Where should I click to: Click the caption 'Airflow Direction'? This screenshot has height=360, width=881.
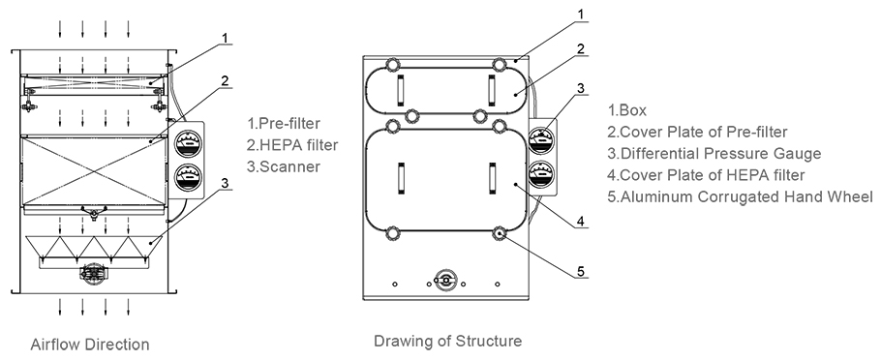click(90, 345)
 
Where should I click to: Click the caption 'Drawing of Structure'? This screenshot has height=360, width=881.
click(448, 341)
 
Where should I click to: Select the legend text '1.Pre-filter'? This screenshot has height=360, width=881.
click(284, 123)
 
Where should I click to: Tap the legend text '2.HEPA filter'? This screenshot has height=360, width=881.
click(292, 145)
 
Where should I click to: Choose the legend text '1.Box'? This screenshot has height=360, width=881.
click(627, 110)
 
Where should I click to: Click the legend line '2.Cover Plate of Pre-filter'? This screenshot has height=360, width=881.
click(697, 132)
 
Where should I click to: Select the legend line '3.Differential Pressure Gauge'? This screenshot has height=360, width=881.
click(714, 153)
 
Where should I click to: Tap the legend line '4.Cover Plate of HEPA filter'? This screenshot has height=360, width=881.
click(707, 175)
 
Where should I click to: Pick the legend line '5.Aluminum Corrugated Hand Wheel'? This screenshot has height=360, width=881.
click(741, 196)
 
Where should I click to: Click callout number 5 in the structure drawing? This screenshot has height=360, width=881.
click(581, 272)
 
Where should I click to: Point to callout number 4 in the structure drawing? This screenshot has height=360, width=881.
click(581, 222)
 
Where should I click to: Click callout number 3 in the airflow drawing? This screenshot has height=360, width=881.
click(225, 183)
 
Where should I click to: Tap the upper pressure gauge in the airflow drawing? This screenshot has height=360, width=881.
click(188, 144)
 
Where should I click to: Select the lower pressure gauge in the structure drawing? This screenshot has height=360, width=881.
click(541, 174)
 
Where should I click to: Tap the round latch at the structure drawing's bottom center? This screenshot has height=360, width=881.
click(445, 281)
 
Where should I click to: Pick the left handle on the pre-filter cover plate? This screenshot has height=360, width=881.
click(401, 90)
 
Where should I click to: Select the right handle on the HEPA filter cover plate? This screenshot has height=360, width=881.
click(492, 178)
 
